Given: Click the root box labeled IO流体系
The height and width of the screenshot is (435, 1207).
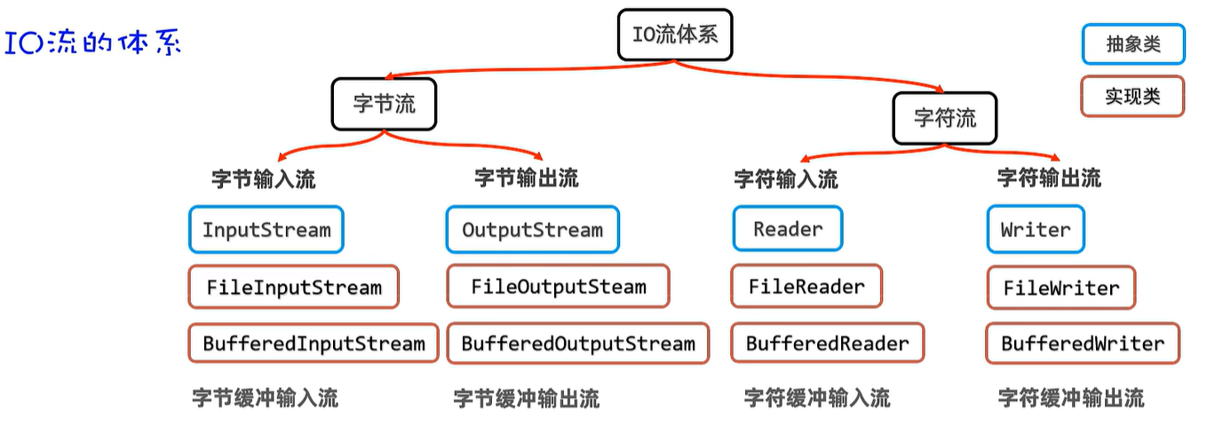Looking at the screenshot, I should [675, 35].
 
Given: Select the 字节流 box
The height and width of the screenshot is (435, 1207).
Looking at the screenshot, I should [385, 103].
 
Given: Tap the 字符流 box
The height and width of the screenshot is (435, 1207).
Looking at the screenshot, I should [945, 116].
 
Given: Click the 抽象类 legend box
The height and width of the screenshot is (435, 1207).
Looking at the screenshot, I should [1133, 44].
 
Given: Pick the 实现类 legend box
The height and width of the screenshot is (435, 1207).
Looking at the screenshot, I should [1133, 96].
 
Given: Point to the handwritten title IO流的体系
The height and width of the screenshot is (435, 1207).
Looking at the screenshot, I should [93, 43].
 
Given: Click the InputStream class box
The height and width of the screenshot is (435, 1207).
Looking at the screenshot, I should [266, 230].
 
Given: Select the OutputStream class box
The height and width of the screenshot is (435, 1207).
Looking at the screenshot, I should [532, 230].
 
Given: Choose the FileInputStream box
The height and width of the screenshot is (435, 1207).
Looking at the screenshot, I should [293, 287].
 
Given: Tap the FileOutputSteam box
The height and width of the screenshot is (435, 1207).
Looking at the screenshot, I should [558, 287].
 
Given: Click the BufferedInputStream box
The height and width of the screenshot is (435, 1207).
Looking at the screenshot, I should [314, 344].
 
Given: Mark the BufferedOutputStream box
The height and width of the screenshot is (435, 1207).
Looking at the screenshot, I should [578, 344].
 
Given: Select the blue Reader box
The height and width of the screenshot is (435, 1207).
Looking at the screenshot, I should [788, 229].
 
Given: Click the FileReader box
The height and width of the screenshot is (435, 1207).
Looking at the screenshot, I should [806, 286].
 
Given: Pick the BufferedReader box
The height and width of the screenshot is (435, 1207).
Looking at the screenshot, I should [827, 344].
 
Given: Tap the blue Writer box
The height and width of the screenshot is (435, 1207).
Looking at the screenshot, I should [1036, 229].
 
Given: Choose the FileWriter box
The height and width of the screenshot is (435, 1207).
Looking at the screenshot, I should [1061, 288].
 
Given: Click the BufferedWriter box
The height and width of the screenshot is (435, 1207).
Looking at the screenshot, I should [1083, 344].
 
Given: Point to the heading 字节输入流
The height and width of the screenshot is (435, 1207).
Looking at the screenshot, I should [263, 179].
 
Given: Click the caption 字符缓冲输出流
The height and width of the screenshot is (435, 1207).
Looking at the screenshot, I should [1071, 398].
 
